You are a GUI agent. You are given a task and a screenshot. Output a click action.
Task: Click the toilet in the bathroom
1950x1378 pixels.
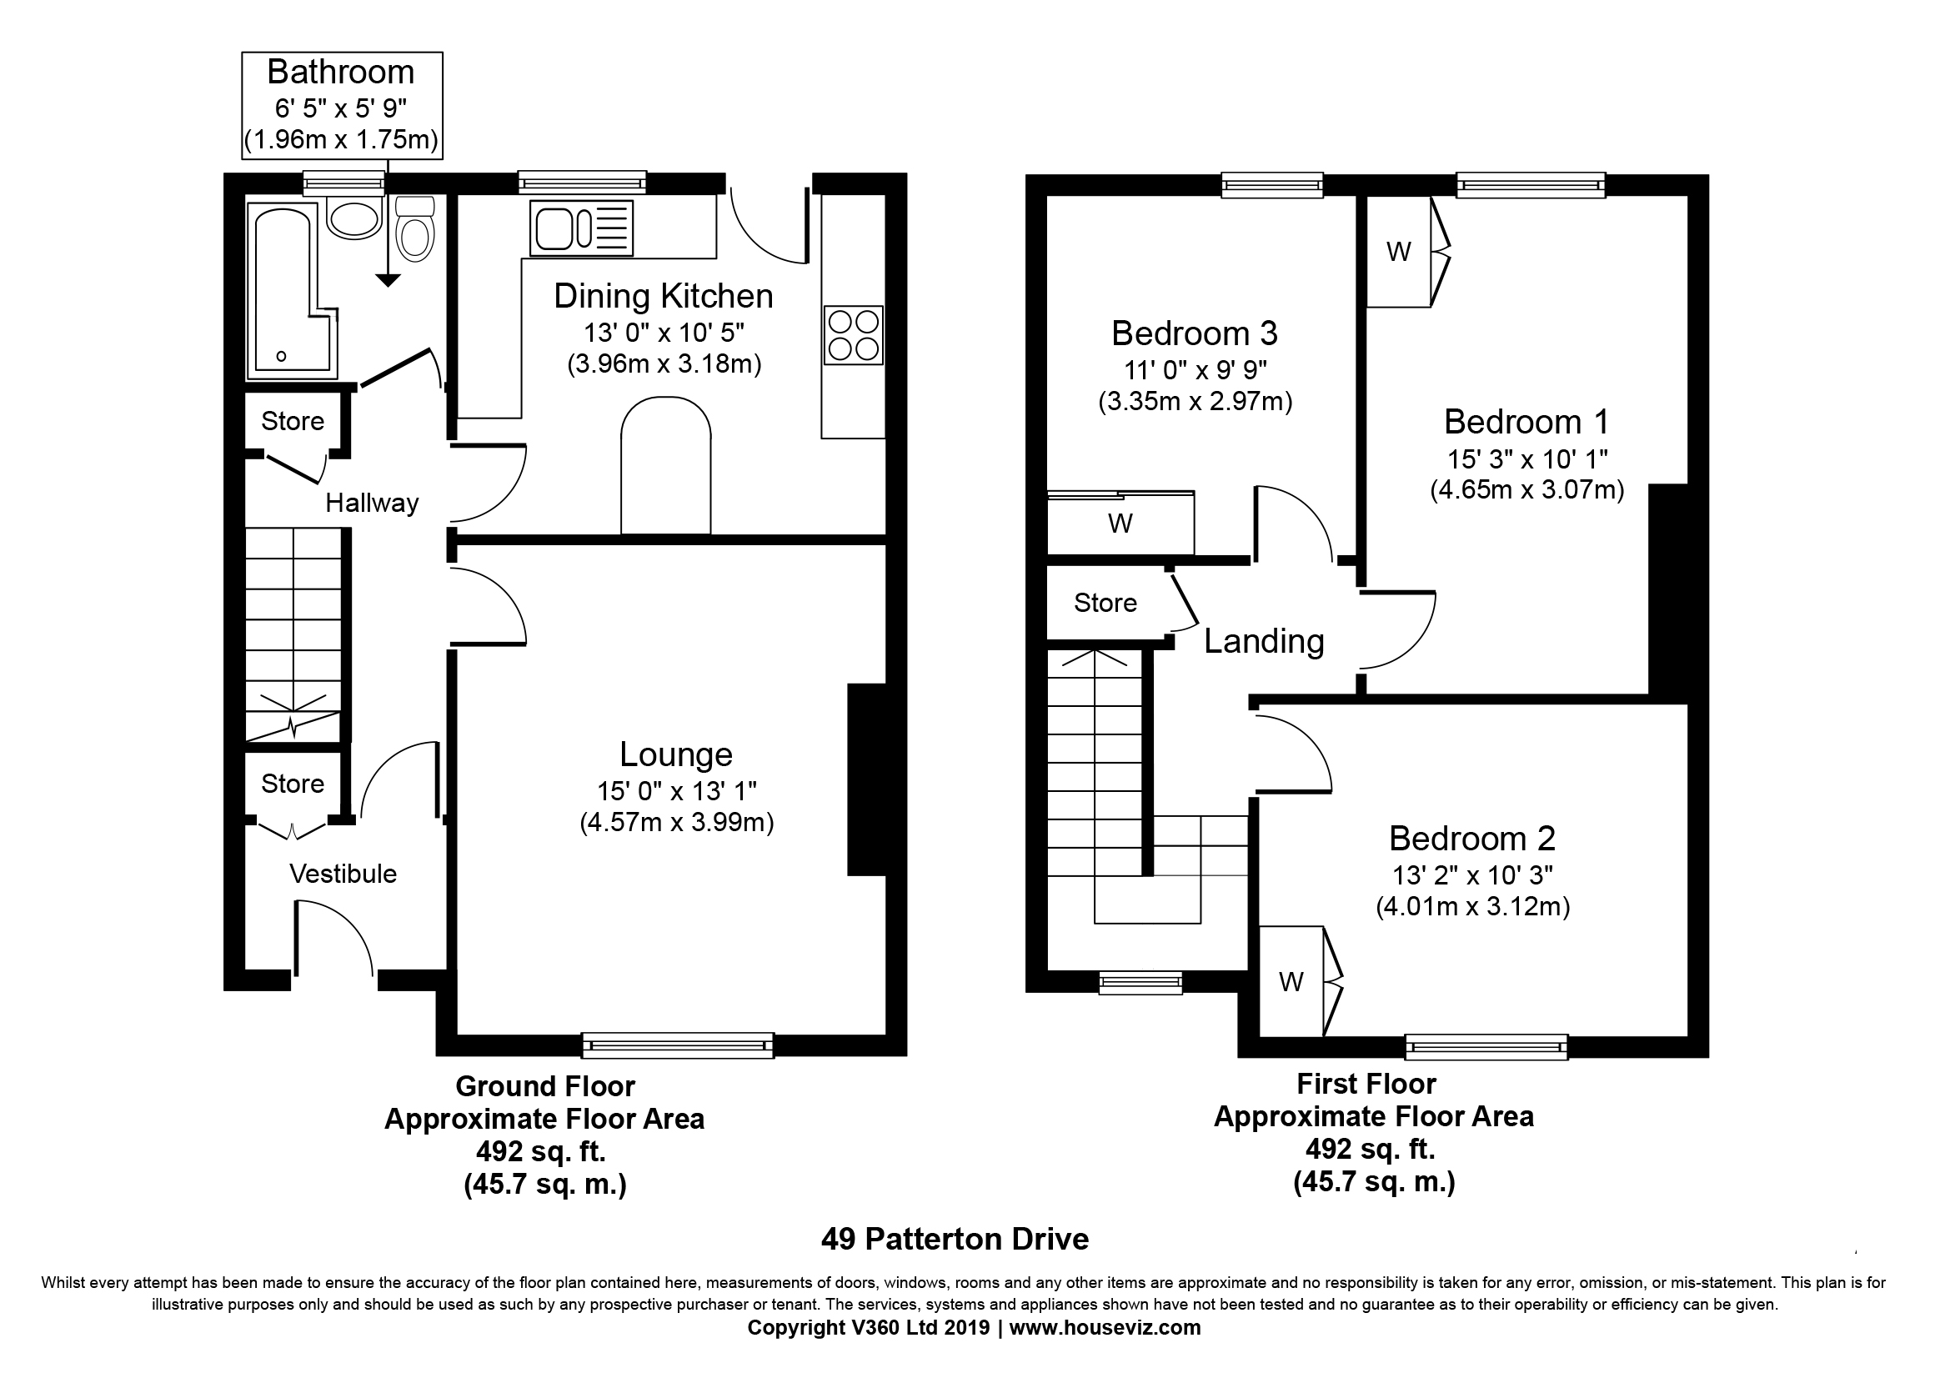415,228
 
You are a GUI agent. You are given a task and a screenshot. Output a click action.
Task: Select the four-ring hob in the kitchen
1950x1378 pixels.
854,335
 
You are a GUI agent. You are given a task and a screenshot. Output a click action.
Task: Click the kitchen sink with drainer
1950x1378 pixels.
582,228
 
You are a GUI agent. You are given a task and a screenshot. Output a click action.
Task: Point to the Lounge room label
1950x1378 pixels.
676,754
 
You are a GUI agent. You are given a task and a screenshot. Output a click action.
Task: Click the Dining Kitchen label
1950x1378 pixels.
664,296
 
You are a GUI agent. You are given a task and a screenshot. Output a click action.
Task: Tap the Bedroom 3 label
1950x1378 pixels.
1194,333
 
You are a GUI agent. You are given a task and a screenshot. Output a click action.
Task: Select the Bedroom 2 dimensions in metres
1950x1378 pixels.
1472,907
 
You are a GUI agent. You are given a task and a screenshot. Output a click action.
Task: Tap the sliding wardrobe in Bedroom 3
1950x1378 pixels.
1120,523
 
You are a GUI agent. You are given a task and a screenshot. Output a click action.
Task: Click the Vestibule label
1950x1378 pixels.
343,874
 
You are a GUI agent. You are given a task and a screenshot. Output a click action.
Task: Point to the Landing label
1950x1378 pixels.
1264,642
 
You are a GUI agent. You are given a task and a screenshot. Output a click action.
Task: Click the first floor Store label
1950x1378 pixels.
1105,603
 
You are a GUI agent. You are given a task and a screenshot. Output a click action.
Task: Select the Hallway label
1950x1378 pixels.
372,504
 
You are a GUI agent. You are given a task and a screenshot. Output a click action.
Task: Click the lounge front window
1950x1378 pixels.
678,1045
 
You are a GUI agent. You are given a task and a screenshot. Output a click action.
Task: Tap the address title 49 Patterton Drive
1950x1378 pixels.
955,1240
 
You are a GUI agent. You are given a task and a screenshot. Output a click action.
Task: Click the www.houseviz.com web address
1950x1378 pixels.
1105,1328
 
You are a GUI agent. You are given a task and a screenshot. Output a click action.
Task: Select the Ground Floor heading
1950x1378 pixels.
545,1087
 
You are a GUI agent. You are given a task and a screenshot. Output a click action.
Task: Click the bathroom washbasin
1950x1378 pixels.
355,218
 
